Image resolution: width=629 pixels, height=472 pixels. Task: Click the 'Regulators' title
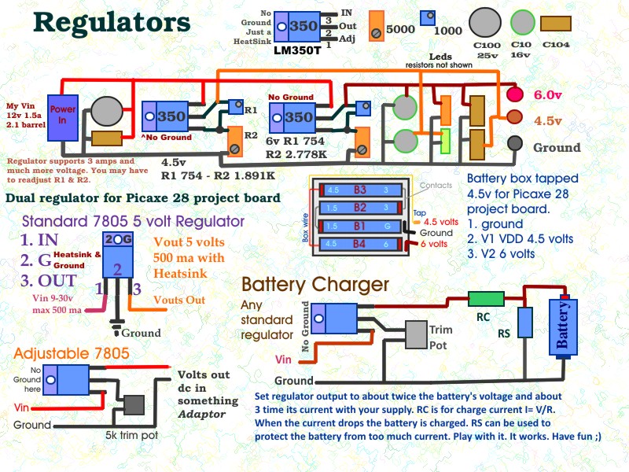(112, 24)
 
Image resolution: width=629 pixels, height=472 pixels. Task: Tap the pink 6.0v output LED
(515, 94)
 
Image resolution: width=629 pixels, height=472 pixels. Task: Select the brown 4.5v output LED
(515, 117)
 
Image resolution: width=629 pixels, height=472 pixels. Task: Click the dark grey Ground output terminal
(515, 144)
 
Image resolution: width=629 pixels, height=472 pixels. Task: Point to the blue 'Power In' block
(63, 118)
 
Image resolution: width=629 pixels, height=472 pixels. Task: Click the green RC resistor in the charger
(486, 299)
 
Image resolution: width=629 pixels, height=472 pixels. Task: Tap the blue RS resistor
(524, 323)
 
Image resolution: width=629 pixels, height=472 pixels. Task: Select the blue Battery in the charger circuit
(563, 327)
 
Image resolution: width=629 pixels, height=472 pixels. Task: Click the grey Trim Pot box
(416, 335)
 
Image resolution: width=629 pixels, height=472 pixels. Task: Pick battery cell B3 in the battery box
(360, 190)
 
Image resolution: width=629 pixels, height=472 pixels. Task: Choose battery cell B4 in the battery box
(360, 244)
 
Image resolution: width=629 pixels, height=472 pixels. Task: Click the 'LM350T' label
(297, 51)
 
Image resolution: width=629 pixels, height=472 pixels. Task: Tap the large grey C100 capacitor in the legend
(485, 23)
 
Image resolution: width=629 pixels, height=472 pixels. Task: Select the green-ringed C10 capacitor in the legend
(522, 23)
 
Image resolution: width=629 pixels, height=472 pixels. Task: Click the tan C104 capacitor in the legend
(556, 24)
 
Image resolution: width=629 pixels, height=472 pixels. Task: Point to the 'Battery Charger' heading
(315, 285)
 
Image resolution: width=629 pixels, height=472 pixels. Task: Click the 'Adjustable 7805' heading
(72, 353)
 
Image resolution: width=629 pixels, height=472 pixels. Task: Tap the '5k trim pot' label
(131, 436)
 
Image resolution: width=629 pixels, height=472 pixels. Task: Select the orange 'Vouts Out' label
(179, 300)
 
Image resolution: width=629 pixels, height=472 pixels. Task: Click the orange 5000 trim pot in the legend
(377, 27)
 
